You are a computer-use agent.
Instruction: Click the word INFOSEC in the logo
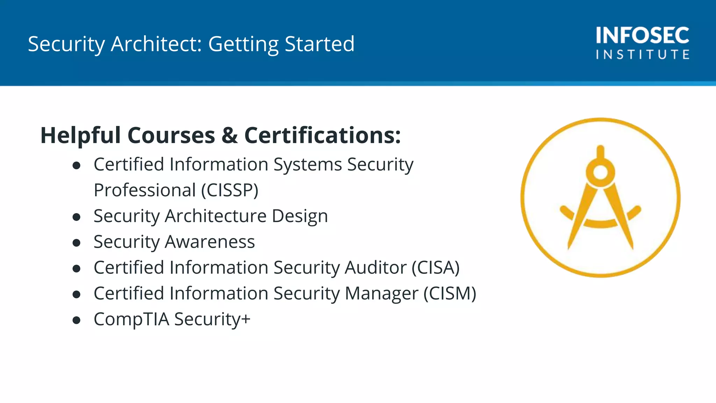[x=643, y=35]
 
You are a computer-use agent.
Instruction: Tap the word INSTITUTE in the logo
[x=643, y=55]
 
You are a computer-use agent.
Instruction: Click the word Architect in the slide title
[x=156, y=44]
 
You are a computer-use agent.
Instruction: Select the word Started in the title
[x=320, y=44]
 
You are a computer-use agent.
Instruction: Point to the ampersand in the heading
[x=229, y=135]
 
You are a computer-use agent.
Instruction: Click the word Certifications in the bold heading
[x=322, y=135]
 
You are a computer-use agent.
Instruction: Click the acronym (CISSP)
[x=230, y=190]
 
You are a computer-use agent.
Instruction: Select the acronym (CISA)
[x=435, y=268]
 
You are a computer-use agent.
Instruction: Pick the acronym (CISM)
[x=450, y=294]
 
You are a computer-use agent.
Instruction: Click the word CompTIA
[x=131, y=319]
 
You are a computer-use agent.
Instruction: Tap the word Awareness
[x=210, y=242]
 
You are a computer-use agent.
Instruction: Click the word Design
[x=300, y=216]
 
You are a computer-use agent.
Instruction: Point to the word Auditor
[x=375, y=268]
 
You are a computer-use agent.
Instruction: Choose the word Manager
[x=381, y=294]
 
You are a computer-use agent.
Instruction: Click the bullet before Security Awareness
[x=77, y=242]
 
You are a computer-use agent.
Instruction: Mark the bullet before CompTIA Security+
[x=77, y=320]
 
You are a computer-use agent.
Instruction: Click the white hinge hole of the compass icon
[x=601, y=172]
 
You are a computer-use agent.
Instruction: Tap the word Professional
[x=145, y=190]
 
